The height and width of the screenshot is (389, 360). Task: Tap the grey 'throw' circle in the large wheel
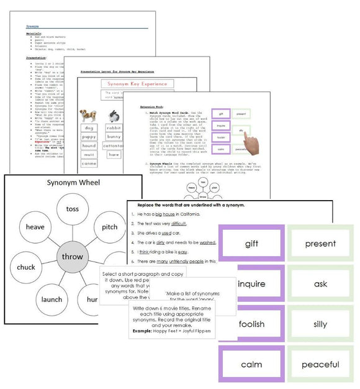coord(72,257)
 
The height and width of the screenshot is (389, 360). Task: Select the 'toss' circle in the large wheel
coord(72,209)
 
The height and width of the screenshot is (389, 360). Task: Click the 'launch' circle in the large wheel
coord(52,299)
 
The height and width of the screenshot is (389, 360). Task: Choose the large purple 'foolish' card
coord(251,324)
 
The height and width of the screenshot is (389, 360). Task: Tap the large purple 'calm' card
coord(251,364)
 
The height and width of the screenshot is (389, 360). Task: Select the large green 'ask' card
coord(320,284)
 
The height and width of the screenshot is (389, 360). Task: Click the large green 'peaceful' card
coord(320,364)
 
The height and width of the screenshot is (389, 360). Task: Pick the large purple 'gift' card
coord(251,244)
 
